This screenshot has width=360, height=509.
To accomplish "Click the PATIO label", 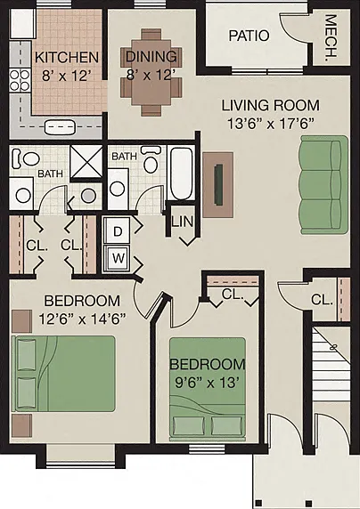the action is coord(249,36).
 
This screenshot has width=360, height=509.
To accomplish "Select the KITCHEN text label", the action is coord(66,58).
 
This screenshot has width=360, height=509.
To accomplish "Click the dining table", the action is coord(151,72).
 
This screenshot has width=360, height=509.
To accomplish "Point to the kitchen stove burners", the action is coord(20,80).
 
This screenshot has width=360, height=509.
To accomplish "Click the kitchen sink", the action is coord(59,127).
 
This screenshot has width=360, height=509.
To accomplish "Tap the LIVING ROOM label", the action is coord(271,106).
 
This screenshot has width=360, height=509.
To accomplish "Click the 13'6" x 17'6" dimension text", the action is coord(271,124).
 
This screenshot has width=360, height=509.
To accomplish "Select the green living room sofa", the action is coord(324,185).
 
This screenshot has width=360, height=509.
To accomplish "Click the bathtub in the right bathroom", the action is coord(181,174).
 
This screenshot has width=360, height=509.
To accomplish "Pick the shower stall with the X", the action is coord(86,162).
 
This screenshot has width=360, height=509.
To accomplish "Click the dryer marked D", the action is coord(117,231).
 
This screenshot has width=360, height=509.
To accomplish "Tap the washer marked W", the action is coord(117,258).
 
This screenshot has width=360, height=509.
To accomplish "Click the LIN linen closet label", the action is coord(183,222).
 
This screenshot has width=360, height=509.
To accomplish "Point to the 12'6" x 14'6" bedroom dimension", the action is coord(82,319).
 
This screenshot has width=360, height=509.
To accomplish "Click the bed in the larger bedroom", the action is coord(63,374).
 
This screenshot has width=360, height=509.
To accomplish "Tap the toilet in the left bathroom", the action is coord(26,158).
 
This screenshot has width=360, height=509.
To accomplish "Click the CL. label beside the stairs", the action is coord(322,300).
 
